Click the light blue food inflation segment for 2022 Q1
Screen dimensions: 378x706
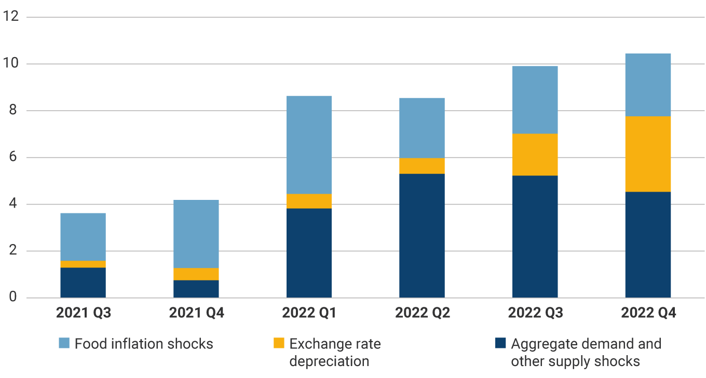[309, 145]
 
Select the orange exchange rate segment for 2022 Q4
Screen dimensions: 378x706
[647, 154]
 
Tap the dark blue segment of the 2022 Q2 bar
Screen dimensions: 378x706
[422, 236]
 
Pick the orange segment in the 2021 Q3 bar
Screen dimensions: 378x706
[83, 264]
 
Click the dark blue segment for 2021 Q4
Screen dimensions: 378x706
[196, 289]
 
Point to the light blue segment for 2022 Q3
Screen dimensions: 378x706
[535, 100]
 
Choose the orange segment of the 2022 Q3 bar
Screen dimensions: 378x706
[535, 155]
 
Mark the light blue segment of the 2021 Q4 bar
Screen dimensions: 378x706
[196, 234]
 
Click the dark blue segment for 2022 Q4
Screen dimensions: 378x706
[647, 245]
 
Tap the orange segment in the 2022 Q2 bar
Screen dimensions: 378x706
[422, 166]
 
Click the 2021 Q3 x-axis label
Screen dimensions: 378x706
[83, 313]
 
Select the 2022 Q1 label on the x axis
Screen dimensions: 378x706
[309, 313]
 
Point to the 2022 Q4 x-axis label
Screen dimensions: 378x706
[647, 313]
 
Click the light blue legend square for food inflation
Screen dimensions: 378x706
[64, 343]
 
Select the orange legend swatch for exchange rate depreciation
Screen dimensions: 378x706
[279, 343]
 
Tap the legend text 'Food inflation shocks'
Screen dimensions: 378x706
[144, 344]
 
